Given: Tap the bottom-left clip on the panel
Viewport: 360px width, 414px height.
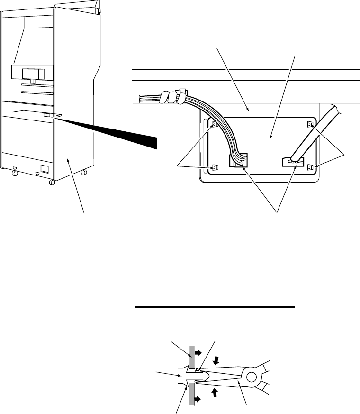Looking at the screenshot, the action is coord(215,167).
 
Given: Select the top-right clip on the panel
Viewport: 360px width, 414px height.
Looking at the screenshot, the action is coord(310,124).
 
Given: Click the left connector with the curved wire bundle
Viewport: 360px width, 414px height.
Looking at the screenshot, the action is coord(237,161).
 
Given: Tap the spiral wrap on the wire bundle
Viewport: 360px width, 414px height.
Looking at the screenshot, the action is coord(173,97).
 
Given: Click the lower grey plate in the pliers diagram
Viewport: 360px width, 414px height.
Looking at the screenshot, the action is coord(192,393).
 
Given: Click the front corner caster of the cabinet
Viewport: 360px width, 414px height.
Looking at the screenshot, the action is coord(52,182).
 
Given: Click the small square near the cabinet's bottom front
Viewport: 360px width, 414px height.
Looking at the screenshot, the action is coord(45,168).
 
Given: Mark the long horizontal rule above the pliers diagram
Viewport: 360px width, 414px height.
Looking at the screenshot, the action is coord(216,307).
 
